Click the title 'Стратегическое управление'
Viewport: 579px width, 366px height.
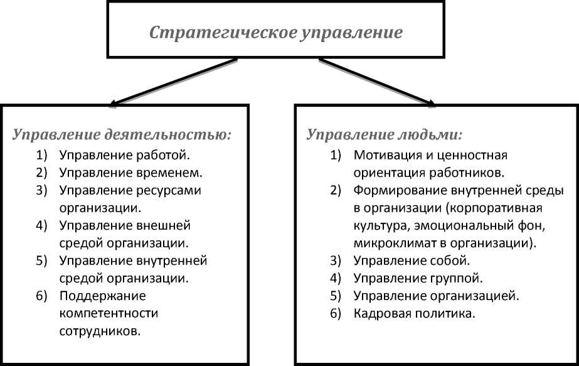coord(275,32)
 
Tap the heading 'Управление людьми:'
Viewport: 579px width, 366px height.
coord(385,134)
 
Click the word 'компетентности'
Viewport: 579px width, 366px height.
coord(108,312)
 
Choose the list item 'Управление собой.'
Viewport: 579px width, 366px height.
coord(412,259)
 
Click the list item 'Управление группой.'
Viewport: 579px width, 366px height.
coord(418,277)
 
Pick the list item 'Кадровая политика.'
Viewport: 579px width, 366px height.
coord(413,312)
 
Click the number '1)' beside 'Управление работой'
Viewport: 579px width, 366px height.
coord(41,154)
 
